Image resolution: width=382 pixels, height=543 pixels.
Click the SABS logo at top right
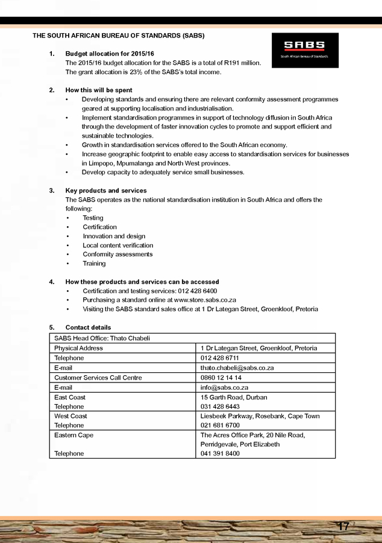305,50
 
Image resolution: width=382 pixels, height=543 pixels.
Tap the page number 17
343,527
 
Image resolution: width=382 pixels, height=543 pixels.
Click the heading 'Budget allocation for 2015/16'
110,54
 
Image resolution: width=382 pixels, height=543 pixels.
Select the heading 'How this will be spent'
99,90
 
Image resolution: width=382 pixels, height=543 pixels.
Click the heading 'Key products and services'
105,191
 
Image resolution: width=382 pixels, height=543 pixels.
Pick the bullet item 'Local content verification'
118,246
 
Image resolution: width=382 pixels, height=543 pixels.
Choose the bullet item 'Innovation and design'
114,237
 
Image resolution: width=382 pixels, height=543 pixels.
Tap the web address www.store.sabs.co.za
205,300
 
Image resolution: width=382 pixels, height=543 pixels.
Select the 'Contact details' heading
88,328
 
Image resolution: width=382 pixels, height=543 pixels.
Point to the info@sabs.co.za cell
225,387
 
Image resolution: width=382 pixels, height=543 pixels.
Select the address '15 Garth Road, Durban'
234,398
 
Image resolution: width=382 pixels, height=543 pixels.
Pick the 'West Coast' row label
70,416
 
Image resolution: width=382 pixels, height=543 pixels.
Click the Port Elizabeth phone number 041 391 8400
220,453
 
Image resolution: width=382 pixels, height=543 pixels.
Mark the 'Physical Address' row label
78,348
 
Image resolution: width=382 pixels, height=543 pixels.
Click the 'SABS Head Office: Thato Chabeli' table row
102,338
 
